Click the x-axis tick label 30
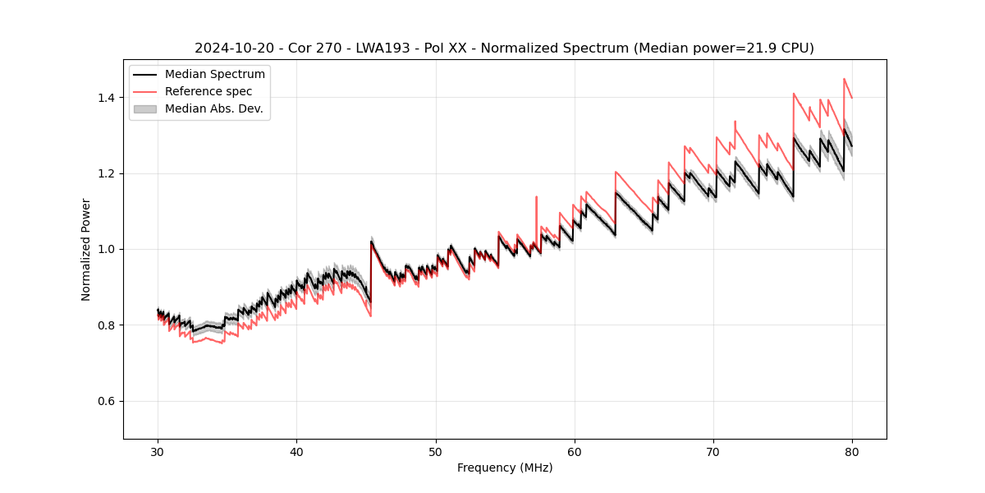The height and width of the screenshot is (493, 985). coord(158,451)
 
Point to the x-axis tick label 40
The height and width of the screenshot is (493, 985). coord(296,451)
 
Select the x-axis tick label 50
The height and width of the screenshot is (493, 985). coord(435,451)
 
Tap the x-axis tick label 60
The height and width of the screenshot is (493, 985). coord(575,451)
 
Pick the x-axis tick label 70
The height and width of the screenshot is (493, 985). coord(713,451)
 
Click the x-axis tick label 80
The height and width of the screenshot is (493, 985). coord(852,451)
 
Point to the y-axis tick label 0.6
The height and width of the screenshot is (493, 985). coord(106,401)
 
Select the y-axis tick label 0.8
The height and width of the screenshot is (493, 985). coord(106,325)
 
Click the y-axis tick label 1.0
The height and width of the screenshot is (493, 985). coord(106,249)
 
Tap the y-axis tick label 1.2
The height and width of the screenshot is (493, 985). coord(106,173)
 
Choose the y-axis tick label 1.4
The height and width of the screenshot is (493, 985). coord(106,98)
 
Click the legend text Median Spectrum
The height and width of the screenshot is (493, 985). coord(215,75)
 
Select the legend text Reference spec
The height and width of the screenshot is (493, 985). coord(208,91)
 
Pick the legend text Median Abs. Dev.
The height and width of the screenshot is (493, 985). coord(214,108)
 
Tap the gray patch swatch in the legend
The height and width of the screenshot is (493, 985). coord(145,108)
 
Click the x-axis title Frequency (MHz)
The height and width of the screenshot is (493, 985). coord(505,468)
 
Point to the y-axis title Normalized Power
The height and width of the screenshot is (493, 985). coord(86,249)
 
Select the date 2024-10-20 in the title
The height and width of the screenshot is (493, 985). coord(233,48)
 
